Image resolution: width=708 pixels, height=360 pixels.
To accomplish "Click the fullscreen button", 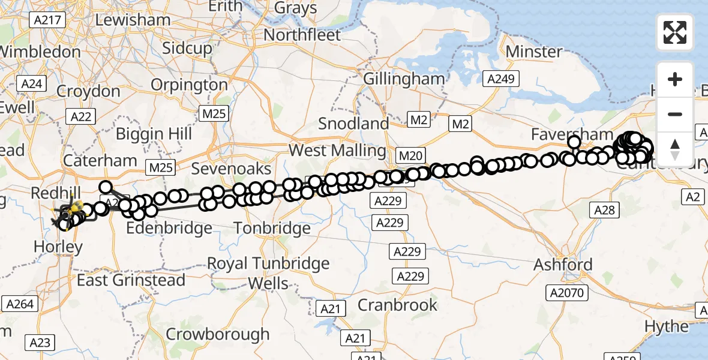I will tap(675, 32).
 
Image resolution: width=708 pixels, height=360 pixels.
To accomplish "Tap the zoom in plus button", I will tap(675, 79).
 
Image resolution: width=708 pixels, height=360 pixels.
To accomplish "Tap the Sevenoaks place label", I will tap(231, 169).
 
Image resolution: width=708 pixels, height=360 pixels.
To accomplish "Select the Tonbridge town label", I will tap(272, 228).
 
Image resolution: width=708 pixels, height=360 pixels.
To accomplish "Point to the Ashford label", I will tap(563, 265).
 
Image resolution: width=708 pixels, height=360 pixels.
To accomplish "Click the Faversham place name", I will tap(572, 134).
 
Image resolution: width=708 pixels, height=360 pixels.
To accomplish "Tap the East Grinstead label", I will tap(131, 280).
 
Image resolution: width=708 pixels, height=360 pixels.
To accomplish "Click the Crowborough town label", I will tap(218, 334).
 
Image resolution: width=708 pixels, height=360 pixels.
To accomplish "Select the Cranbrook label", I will tap(398, 305).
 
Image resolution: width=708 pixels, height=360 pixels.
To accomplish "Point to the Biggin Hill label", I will tap(154, 133).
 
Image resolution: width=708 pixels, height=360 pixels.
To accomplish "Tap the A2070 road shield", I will tap(567, 292).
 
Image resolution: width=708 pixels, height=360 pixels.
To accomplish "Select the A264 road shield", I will tap(19, 304).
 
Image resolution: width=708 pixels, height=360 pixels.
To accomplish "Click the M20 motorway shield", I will tap(410, 156).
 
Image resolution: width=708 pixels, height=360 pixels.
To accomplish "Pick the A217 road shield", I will tap(46, 20).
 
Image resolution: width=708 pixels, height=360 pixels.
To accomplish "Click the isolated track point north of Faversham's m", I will tap(574, 142).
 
